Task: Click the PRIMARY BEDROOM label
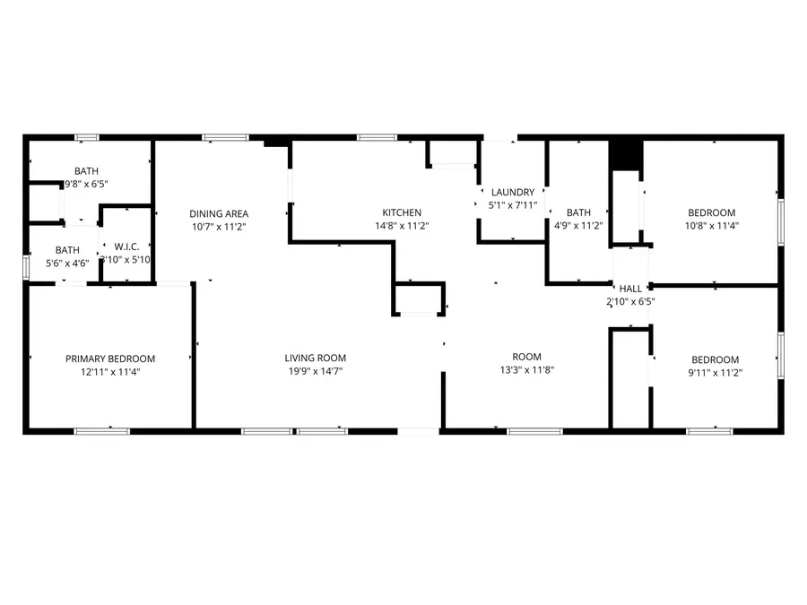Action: tap(110, 359)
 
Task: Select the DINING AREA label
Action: tap(219, 213)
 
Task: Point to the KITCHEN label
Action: tap(401, 212)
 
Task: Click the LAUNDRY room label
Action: tap(512, 192)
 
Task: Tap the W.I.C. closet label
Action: tap(125, 246)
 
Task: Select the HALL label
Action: tap(630, 289)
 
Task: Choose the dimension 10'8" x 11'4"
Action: tap(711, 226)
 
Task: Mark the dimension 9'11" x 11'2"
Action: tap(714, 372)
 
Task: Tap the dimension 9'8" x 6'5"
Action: tap(86, 184)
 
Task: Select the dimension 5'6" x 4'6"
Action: tap(67, 264)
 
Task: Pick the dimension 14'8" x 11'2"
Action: tap(401, 226)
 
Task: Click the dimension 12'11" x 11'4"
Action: tap(110, 371)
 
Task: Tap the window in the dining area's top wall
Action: tap(224, 137)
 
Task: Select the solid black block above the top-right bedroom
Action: tap(625, 153)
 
